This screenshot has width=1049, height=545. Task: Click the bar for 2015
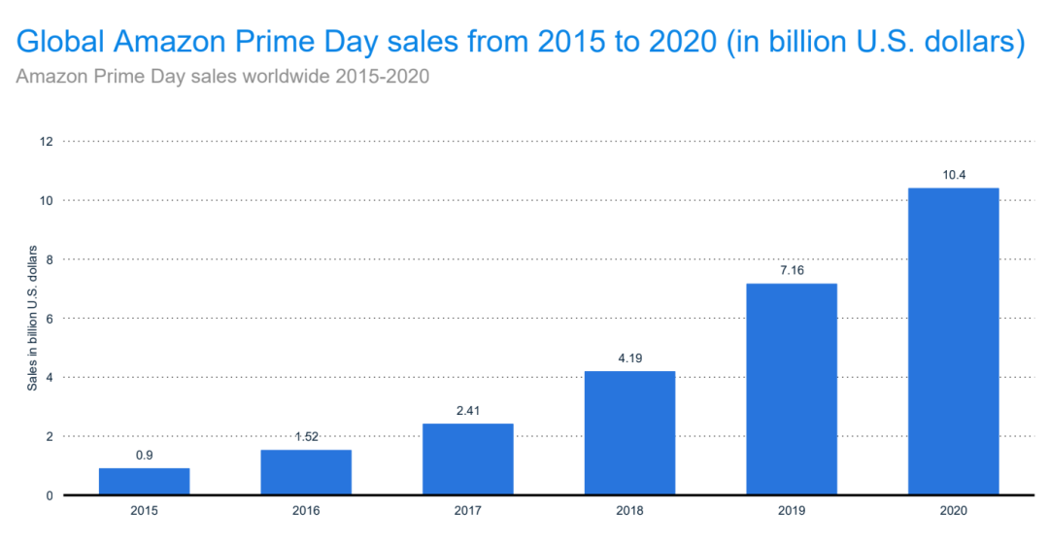click(x=144, y=482)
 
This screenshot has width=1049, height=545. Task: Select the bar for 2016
click(x=306, y=472)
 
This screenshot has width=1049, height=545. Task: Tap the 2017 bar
click(x=467, y=460)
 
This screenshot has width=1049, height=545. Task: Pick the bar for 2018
click(x=629, y=433)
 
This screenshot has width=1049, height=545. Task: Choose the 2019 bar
click(x=791, y=389)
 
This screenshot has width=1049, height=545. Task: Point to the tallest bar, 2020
click(x=953, y=341)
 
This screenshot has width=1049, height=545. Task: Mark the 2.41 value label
click(x=467, y=409)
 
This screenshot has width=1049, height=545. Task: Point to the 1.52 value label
click(x=306, y=435)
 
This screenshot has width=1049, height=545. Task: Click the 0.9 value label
click(x=144, y=454)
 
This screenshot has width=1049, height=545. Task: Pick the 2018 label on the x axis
click(x=629, y=512)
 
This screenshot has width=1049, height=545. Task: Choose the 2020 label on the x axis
click(x=953, y=512)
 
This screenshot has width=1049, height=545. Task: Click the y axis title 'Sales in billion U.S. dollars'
click(x=33, y=319)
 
